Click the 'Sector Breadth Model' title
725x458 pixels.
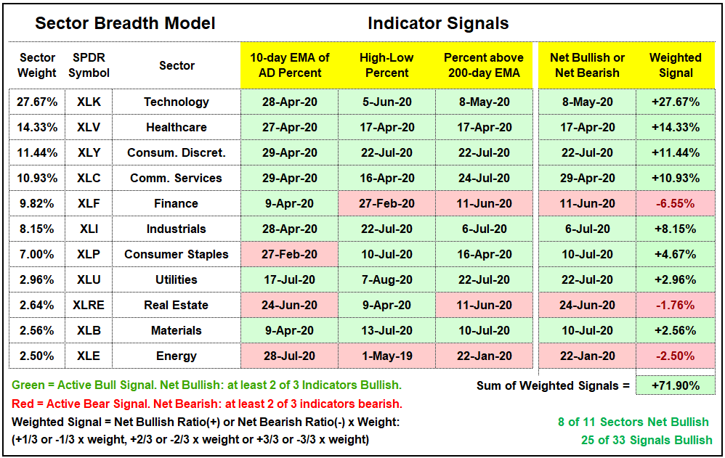click(125, 23)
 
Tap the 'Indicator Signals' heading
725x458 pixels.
click(438, 23)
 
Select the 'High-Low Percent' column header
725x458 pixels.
click(386, 65)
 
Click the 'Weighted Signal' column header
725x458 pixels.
click(676, 65)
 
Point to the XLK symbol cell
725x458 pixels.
click(89, 102)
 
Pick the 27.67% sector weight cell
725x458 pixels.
click(37, 102)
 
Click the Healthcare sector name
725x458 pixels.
click(176, 127)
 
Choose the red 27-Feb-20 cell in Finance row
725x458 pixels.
click(386, 203)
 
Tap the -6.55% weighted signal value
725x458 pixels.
click(676, 203)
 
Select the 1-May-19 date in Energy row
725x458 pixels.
click(386, 356)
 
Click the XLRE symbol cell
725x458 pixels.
click(89, 305)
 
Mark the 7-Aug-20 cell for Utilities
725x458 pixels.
click(386, 279)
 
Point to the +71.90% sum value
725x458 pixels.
click(676, 385)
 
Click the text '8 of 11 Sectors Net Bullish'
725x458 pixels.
click(633, 422)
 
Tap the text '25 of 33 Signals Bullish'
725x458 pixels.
click(647, 440)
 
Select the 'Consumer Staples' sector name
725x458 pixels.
click(176, 254)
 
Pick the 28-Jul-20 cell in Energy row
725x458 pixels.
click(289, 356)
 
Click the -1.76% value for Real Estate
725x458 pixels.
click(676, 305)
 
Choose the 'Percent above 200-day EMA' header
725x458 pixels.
click(484, 65)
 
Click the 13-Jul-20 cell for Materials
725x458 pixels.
click(386, 330)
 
